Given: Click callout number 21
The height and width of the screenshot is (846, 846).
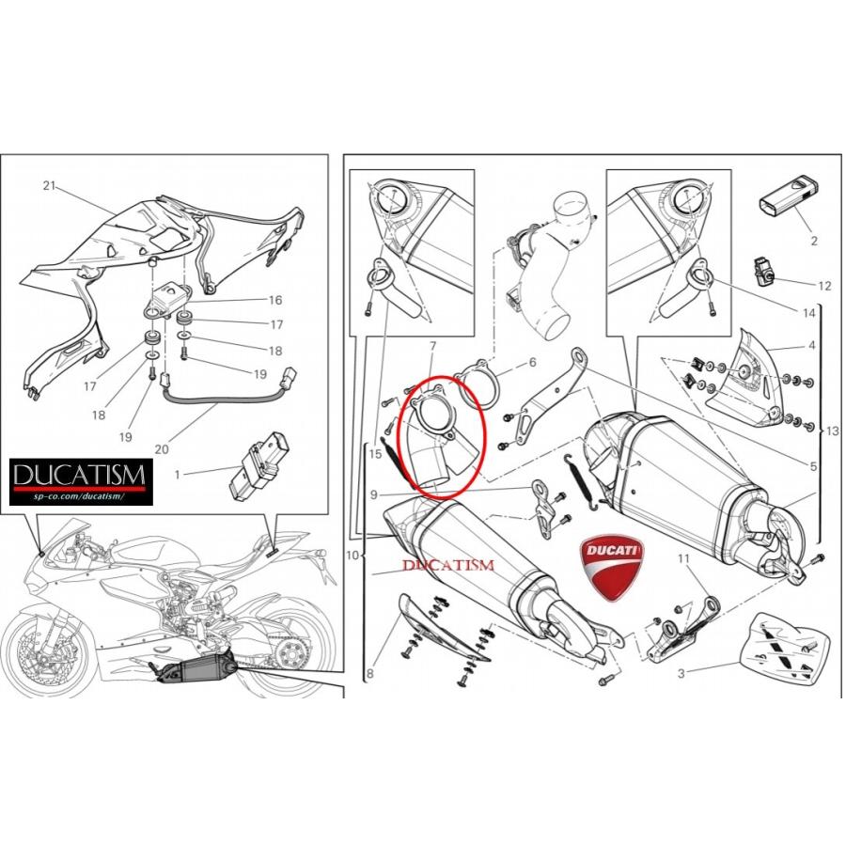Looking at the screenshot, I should tap(50, 185).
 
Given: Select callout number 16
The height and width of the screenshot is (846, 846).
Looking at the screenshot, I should tap(274, 301).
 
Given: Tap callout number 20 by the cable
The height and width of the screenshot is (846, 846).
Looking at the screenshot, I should tap(162, 449).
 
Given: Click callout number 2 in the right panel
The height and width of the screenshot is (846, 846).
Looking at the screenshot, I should tap(814, 241).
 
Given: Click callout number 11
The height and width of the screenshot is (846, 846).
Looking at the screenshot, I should tap(684, 558).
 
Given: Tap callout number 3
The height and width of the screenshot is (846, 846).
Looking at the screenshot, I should tap(681, 672).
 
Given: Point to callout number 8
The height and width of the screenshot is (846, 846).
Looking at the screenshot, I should tap(370, 673).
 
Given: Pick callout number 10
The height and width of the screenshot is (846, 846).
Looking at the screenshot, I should tap(352, 556).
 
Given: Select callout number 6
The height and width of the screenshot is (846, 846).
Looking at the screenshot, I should tap(532, 362).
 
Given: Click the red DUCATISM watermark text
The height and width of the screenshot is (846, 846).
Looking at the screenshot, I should tap(448, 565).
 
